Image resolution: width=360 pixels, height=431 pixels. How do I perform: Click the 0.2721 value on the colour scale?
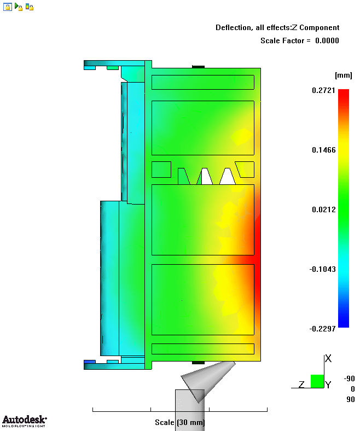pos(323,90)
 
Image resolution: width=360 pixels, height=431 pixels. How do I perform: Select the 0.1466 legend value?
pos(324,150)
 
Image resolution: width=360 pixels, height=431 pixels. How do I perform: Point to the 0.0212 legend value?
pos(324,209)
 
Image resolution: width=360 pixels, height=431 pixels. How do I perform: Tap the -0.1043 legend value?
pos(322,269)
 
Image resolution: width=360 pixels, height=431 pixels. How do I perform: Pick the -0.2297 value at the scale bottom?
pos(322,329)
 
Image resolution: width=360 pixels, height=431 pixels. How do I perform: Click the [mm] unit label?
pos(344,75)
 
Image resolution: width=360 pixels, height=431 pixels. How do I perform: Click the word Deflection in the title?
pos(233,27)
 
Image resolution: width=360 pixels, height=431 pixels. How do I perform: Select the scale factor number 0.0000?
pos(327,40)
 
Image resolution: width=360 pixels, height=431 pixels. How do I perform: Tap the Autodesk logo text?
pos(24,420)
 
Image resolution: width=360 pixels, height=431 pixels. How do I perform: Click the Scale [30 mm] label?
pos(179,422)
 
